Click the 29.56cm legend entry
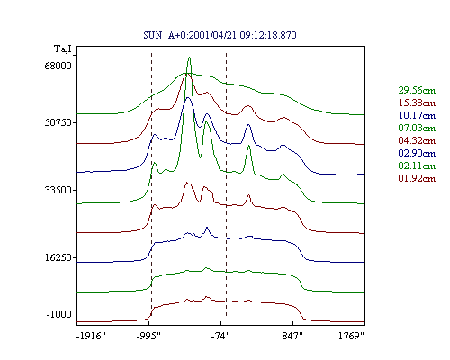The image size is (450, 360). click(417, 90)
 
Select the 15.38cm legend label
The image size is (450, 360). click(417, 103)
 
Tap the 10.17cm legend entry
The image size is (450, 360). click(417, 115)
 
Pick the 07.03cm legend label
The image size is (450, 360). click(417, 128)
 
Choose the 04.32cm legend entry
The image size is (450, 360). click(417, 140)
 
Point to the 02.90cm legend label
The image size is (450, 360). click(417, 153)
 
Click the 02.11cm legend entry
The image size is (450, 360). click(417, 166)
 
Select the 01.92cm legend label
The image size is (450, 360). click(417, 178)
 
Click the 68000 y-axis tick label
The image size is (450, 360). click(58, 66)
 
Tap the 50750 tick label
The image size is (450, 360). click(58, 122)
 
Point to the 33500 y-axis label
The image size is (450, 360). click(58, 190)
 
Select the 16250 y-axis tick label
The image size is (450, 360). click(58, 257)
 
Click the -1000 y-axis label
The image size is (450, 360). click(59, 314)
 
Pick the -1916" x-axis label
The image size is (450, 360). click(91, 336)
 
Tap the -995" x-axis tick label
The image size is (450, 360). click(148, 336)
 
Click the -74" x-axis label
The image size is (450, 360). click(220, 336)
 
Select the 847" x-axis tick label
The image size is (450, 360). click(292, 336)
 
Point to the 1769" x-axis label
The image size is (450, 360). click(351, 336)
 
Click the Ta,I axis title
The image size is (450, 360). click(63, 49)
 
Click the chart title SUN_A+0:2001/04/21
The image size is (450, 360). click(191, 35)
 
